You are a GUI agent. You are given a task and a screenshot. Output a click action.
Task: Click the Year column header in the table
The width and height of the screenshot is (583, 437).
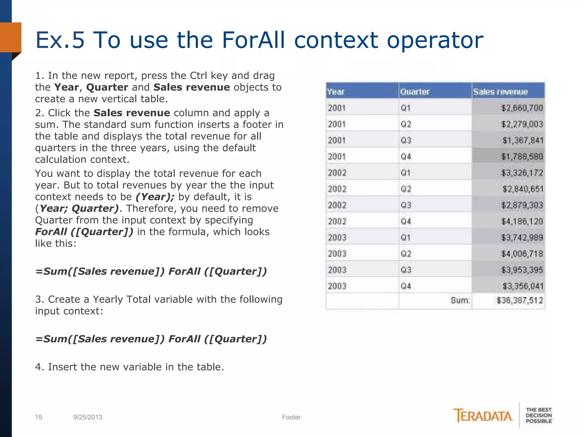coord(336,92)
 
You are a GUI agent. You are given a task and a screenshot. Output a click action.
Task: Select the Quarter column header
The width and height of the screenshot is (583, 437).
coord(415,92)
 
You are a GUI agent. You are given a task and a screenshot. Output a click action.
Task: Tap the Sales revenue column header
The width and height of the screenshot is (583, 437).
coord(500,92)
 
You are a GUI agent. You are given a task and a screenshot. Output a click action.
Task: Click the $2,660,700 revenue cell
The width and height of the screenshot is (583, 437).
coord(522,108)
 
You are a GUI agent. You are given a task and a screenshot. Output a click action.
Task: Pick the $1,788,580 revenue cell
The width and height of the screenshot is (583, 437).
coord(522,156)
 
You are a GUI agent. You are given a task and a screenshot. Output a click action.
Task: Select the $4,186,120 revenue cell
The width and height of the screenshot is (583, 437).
coord(522,221)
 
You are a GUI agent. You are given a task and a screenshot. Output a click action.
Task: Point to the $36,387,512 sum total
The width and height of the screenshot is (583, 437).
coord(520,300)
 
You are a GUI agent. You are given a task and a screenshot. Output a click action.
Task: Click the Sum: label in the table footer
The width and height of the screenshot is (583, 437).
coord(460,300)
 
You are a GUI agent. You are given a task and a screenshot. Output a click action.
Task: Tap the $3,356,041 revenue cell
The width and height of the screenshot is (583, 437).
coord(523,286)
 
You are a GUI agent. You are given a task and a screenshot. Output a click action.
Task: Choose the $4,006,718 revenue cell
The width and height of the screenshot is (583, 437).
coord(522,254)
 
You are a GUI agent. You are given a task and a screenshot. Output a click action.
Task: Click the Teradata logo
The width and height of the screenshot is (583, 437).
coord(483,416)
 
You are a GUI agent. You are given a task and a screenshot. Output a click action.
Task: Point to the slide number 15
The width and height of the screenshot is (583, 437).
coord(38,417)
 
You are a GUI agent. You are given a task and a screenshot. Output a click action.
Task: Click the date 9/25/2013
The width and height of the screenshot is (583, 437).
coord(88,417)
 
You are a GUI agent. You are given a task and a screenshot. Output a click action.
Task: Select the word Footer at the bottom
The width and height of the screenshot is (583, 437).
coord(291,417)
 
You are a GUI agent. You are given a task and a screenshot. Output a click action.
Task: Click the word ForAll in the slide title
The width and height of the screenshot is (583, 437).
coord(253,40)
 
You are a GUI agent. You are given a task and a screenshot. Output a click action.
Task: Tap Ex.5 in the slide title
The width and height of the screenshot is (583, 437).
coord(60,40)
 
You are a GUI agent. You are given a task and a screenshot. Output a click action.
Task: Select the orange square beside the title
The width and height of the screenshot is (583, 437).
coord(11,37)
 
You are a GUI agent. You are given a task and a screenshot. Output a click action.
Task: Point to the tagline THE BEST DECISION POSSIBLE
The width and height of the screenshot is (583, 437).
coord(539,415)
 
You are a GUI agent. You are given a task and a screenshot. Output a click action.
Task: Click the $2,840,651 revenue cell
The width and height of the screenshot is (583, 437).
coord(523,189)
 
